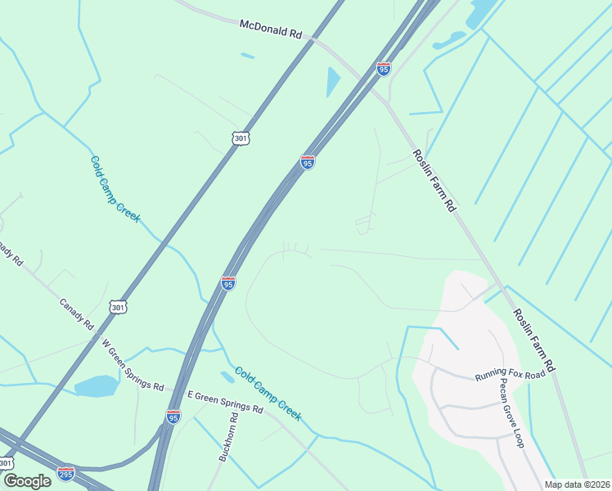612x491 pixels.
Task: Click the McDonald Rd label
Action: (x=271, y=29)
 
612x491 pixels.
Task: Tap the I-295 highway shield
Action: (x=66, y=474)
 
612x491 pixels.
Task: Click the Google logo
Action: (x=26, y=480)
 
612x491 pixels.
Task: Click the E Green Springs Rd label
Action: (x=225, y=401)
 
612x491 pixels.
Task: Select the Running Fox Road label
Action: (x=510, y=376)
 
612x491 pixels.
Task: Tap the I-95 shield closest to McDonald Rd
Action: (x=384, y=68)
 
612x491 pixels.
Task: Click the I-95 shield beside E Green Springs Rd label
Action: (x=173, y=417)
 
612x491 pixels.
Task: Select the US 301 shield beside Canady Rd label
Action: (x=119, y=307)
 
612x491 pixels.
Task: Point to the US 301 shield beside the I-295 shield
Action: (x=7, y=463)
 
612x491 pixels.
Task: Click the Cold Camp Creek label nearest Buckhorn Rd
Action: (x=268, y=394)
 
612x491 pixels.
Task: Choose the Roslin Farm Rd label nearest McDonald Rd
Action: (x=433, y=180)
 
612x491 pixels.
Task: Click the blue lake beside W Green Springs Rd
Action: (x=96, y=385)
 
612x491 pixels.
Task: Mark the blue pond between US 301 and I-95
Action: (x=333, y=82)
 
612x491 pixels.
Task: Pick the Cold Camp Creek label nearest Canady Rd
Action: (x=115, y=189)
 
